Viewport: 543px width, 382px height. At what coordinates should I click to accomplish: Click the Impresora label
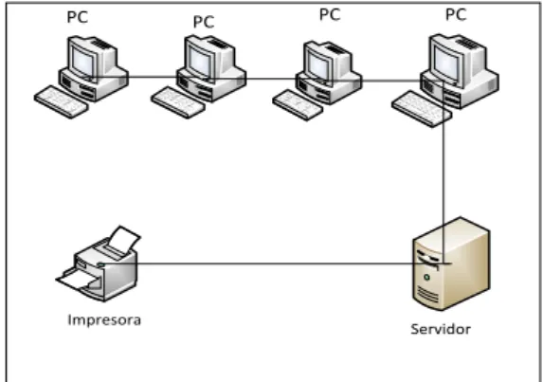coord(104,320)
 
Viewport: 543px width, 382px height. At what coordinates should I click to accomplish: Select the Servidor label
coord(441,329)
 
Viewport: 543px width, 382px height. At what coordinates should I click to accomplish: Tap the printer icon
coord(99,264)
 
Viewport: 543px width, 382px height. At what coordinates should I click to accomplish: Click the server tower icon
coord(451,264)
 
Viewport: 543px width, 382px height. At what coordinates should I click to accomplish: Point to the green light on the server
coord(426,277)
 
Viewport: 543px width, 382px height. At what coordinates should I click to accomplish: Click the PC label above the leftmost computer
coord(77,17)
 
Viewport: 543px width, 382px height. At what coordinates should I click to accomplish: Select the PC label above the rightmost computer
coord(456,14)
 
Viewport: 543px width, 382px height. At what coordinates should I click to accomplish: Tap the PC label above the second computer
coord(204,22)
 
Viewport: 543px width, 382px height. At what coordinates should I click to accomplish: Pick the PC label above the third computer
coord(330,14)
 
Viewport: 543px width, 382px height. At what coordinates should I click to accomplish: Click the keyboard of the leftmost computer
coord(62,101)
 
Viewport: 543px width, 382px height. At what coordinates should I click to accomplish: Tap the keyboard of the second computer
coord(178,102)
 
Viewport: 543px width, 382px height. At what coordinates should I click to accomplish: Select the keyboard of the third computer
coord(298,105)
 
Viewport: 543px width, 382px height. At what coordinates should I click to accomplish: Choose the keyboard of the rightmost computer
coord(422,109)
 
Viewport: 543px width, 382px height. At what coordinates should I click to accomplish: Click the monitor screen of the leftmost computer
coord(82,62)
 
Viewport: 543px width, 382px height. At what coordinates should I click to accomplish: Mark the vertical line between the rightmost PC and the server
coord(443,173)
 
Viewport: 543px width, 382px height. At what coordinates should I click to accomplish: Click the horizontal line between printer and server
coord(276,264)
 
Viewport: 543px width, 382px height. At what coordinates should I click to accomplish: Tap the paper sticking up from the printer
coord(125,238)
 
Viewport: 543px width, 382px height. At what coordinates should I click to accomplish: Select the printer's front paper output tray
coord(79,279)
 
